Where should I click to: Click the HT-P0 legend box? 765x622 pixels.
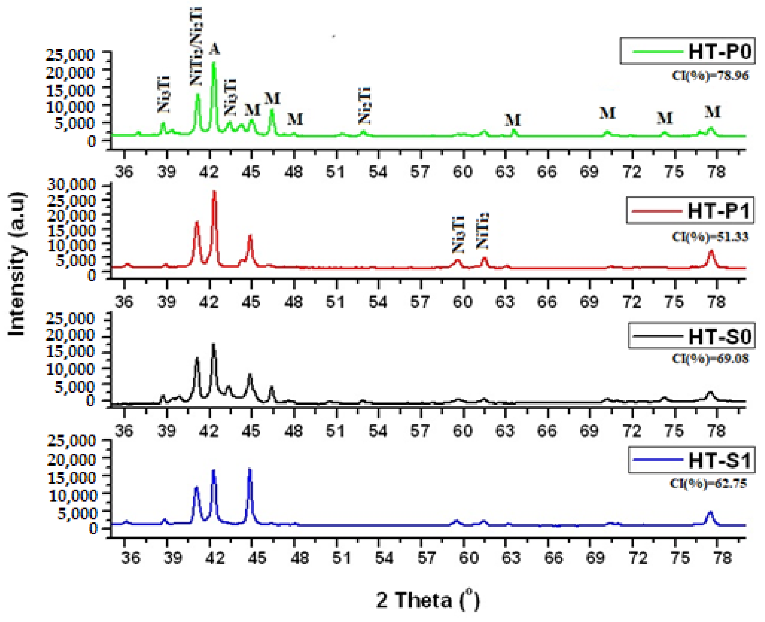tap(687, 51)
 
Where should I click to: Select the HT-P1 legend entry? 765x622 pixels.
tap(690, 210)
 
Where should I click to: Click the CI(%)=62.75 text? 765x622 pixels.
tap(709, 483)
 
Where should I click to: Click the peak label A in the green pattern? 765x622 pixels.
tap(214, 49)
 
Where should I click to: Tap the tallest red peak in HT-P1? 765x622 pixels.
tap(214, 193)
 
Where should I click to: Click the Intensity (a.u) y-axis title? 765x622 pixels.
tap(17, 264)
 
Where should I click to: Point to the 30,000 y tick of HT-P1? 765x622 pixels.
tap(72, 185)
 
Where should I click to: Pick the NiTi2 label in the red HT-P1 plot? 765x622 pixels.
tap(482, 231)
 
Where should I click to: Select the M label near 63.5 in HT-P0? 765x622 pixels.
tap(512, 120)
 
